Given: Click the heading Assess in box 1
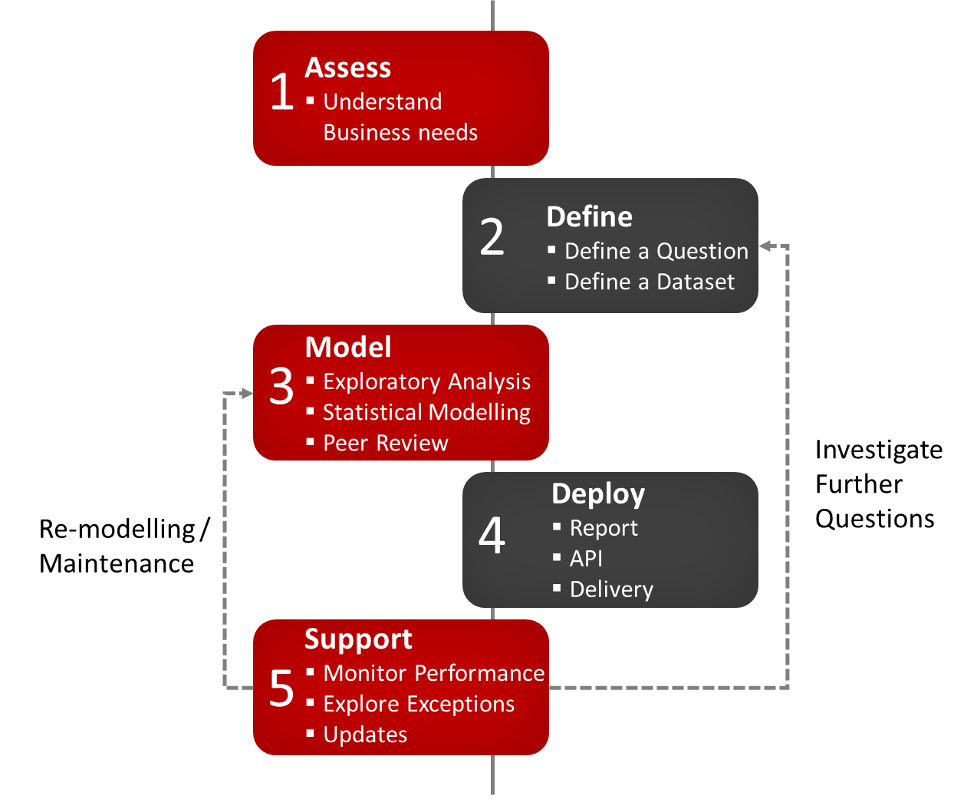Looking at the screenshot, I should pyautogui.click(x=347, y=68).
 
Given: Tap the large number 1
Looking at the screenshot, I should pyautogui.click(x=281, y=92).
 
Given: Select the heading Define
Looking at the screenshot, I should pyautogui.click(x=589, y=217).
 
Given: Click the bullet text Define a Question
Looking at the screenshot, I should pyautogui.click(x=656, y=251).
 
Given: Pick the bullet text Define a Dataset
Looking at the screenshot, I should pyautogui.click(x=649, y=282).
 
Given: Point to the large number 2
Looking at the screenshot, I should pyautogui.click(x=492, y=237).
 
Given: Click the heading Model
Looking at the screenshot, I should pyautogui.click(x=348, y=347).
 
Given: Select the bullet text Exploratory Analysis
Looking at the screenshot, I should pyautogui.click(x=426, y=381).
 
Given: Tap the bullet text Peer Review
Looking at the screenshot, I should pyautogui.click(x=385, y=443).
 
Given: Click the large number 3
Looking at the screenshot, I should pyautogui.click(x=281, y=386).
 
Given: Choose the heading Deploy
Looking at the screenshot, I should pyautogui.click(x=598, y=494).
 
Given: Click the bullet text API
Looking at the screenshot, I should pyautogui.click(x=586, y=559).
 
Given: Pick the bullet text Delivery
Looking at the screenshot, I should pyautogui.click(x=611, y=589).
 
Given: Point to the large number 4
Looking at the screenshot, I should pyautogui.click(x=492, y=536).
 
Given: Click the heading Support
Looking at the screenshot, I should pyautogui.click(x=358, y=639).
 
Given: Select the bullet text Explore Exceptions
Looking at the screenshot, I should pyautogui.click(x=419, y=704).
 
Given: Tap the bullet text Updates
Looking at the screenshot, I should pyautogui.click(x=365, y=735).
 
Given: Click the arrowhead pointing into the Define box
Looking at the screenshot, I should pyautogui.click(x=765, y=246).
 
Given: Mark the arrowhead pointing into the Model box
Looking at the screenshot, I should pyautogui.click(x=246, y=394).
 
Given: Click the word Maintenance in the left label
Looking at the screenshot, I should pyautogui.click(x=117, y=563).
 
